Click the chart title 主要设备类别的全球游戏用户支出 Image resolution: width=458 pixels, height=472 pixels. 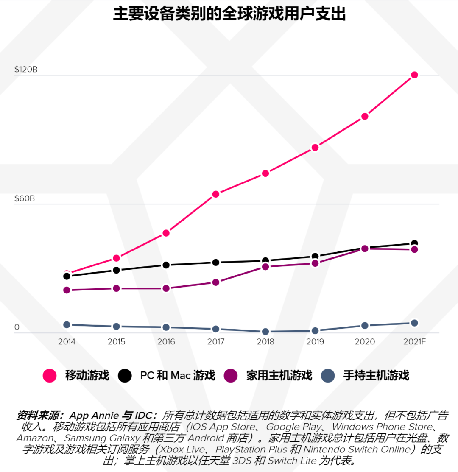pos(229,14)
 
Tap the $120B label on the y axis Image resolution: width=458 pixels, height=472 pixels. pos(26,69)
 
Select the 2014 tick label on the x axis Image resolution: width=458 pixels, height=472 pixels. pos(67,342)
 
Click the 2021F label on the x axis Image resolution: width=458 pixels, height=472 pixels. pos(414,342)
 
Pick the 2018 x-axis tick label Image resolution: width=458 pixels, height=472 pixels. pos(265,342)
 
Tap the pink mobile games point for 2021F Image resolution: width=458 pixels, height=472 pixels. pos(414,75)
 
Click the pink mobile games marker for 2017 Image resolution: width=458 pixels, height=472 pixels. pos(215,194)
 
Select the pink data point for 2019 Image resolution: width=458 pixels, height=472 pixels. pos(315,148)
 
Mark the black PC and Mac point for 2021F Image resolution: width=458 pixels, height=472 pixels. pos(414,243)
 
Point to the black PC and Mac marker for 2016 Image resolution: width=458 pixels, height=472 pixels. pos(166,265)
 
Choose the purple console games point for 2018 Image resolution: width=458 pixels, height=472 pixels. pos(265,267)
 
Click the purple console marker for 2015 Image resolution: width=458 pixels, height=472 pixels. pos(116,288)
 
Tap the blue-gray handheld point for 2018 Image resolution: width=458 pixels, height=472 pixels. pos(265,332)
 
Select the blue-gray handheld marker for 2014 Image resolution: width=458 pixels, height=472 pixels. pos(67,325)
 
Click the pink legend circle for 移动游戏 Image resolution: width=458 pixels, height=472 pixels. pos(50,376)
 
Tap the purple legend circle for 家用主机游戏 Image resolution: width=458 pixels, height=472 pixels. pos(231,376)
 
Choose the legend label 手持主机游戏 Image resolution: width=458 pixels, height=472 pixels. pos(376,376)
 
